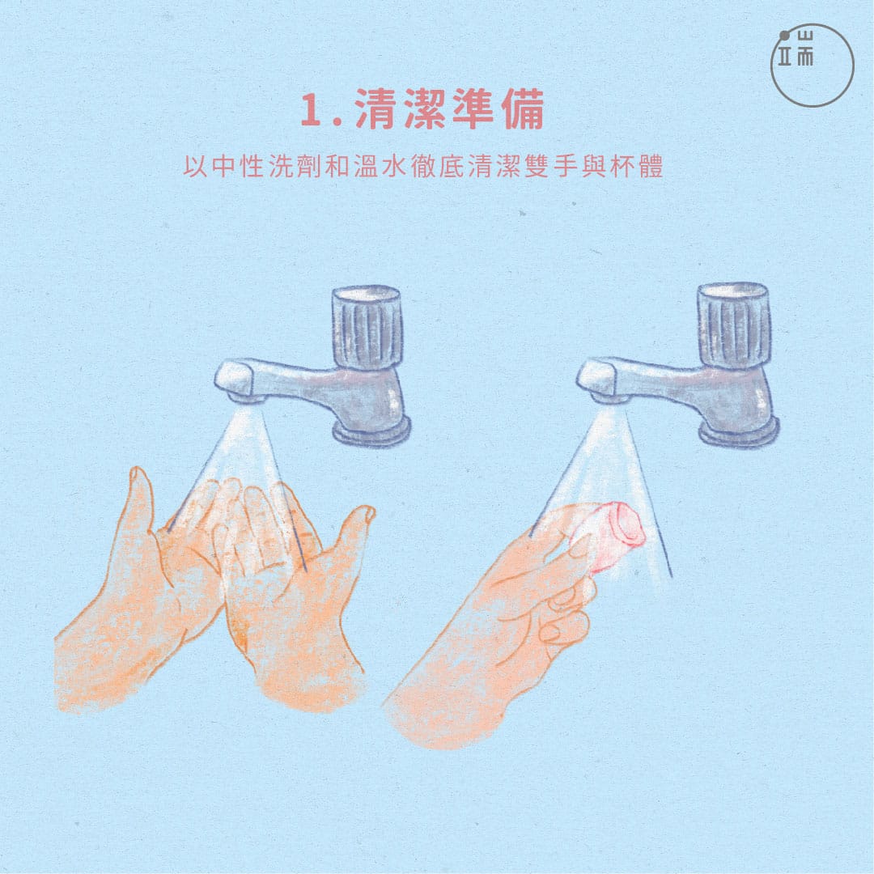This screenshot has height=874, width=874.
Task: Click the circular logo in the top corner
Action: point(812,66)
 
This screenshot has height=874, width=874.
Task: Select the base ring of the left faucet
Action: point(371,431)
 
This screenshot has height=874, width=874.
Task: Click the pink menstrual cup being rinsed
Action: point(613,534)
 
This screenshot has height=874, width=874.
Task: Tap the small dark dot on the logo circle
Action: point(785,36)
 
